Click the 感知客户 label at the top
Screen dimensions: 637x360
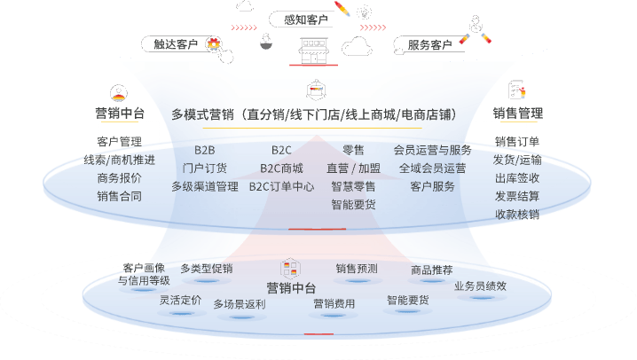(x=306, y=20)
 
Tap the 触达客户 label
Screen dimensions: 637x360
(x=176, y=43)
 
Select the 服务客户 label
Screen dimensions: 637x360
(x=429, y=44)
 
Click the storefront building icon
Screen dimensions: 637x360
(x=314, y=51)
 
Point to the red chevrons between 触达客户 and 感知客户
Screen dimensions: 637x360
(x=244, y=27)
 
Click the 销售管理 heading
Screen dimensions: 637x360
(x=517, y=113)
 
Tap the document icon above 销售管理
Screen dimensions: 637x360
(x=516, y=90)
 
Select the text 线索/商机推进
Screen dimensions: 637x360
(x=120, y=160)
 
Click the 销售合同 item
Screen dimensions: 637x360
(x=120, y=197)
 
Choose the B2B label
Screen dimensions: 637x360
(x=204, y=150)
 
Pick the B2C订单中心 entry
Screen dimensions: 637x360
(x=281, y=187)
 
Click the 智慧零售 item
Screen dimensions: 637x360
(x=353, y=187)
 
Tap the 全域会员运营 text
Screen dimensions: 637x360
(x=432, y=168)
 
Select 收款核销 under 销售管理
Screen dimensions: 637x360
(x=517, y=215)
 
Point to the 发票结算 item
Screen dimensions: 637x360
(x=517, y=197)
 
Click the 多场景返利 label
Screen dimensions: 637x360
(x=240, y=304)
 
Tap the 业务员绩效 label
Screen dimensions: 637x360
(x=480, y=286)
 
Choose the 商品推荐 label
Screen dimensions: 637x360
(x=431, y=270)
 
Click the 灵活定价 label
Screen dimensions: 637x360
(x=180, y=301)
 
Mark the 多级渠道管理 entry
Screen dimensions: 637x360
(x=205, y=187)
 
